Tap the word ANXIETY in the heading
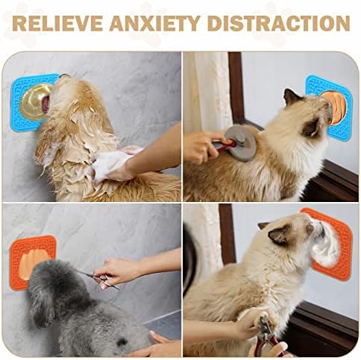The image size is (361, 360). click(x=155, y=24)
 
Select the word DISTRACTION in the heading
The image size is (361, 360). click(x=279, y=24)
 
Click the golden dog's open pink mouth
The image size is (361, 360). click(x=46, y=104)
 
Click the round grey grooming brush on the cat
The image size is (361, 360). click(x=241, y=143)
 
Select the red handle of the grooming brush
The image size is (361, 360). click(x=225, y=145)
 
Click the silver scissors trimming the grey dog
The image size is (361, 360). click(x=101, y=280)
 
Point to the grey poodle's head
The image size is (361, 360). click(x=54, y=283)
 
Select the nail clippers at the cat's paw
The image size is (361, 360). click(x=267, y=333)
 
